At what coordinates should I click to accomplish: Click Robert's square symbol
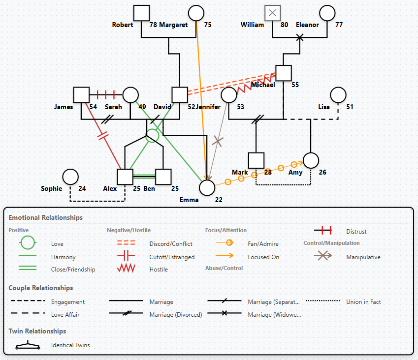click(142, 13)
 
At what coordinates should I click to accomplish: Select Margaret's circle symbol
click(196, 13)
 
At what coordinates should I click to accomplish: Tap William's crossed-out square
click(272, 13)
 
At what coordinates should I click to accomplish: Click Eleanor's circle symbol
click(327, 13)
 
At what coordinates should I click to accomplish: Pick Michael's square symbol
click(284, 73)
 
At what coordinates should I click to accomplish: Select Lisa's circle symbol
click(338, 95)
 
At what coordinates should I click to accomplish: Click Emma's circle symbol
click(207, 187)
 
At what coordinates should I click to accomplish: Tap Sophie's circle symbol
click(71, 177)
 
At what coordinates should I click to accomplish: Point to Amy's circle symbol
click(311, 160)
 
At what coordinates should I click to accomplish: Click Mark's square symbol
click(256, 160)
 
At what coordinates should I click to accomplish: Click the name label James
click(64, 107)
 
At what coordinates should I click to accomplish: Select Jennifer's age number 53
click(240, 107)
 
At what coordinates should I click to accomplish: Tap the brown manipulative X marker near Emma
click(218, 142)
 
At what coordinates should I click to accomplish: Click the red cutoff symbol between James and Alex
click(103, 136)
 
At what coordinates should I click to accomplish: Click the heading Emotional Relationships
click(46, 217)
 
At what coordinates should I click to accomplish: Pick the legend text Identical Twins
click(70, 345)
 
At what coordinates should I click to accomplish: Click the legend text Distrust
click(356, 231)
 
